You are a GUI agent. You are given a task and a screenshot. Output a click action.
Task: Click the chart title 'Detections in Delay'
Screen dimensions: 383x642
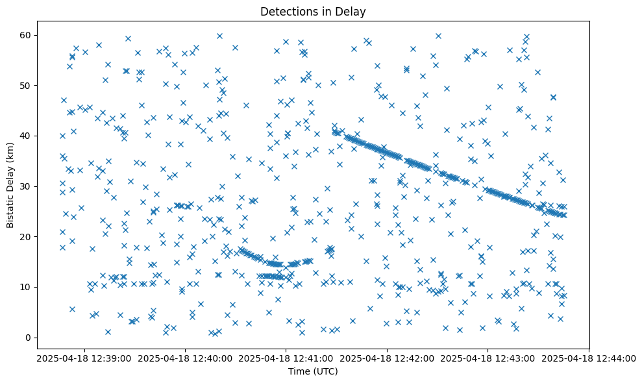point(313,11)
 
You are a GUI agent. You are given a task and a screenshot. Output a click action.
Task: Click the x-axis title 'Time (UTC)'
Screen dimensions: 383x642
point(313,371)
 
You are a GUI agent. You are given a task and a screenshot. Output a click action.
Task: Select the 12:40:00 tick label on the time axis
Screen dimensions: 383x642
point(184,358)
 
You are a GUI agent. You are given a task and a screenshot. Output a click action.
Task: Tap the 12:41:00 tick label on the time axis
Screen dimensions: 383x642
point(286,358)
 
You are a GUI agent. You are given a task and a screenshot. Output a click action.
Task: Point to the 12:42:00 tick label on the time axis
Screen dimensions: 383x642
point(387,358)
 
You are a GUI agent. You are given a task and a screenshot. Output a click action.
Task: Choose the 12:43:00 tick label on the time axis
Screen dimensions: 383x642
point(488,358)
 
